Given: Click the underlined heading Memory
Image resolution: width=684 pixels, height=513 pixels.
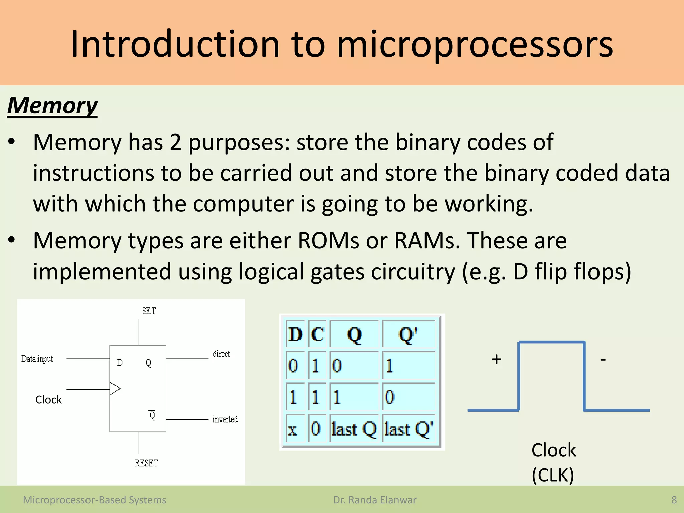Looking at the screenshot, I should [x=52, y=106].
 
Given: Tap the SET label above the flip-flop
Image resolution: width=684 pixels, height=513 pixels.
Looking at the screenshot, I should [x=149, y=311].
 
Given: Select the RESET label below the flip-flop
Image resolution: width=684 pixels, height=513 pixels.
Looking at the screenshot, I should [x=146, y=463].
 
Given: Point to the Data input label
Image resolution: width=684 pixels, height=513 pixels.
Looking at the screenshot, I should [x=37, y=359].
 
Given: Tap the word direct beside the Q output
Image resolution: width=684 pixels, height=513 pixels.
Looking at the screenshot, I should [x=221, y=354].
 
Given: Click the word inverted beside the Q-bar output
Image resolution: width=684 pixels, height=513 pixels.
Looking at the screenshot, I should [x=225, y=419].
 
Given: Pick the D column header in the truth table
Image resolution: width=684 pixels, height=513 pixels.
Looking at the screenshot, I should [x=295, y=334].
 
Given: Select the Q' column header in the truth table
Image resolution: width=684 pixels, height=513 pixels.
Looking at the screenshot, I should [x=408, y=334].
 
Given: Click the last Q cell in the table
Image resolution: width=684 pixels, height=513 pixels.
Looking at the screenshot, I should [x=354, y=429].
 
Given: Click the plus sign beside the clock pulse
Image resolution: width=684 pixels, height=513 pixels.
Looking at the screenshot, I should [x=497, y=359].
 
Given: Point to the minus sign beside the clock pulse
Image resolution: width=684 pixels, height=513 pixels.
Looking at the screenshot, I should [x=603, y=360].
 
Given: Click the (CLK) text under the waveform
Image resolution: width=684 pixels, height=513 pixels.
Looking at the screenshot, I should [x=553, y=475].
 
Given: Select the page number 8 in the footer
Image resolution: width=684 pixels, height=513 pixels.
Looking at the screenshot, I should [x=674, y=500].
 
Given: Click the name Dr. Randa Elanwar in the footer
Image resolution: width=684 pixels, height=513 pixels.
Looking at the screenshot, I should [x=375, y=500].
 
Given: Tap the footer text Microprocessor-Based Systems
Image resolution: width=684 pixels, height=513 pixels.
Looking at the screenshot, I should [x=95, y=500].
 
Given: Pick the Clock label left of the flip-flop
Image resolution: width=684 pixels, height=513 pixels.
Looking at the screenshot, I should [x=49, y=400].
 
